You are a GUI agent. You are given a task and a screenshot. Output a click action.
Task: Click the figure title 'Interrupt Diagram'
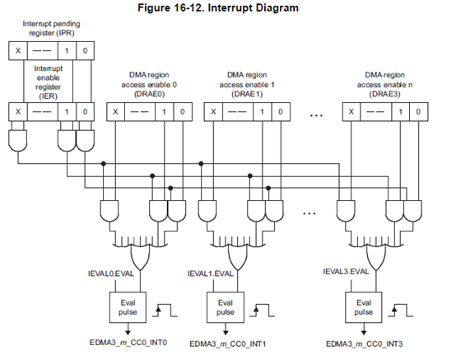pos(254,7)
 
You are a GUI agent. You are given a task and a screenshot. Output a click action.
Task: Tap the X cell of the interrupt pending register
pos(18,50)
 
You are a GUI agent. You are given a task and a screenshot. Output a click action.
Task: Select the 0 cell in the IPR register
pos(85,50)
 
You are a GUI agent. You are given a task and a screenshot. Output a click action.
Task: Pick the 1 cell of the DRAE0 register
pos(164,111)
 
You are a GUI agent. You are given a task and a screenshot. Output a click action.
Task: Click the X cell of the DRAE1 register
pos(213,111)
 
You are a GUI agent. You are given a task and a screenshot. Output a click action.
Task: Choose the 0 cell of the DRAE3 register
pos(418,111)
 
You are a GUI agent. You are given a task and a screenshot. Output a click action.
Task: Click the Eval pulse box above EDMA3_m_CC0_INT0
pos(128,307)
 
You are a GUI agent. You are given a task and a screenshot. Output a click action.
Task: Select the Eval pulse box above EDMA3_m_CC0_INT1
pos(226,307)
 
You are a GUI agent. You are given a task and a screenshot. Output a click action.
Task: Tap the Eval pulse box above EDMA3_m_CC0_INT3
pos(364,307)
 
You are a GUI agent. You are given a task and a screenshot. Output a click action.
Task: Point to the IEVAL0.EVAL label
pos(111,274)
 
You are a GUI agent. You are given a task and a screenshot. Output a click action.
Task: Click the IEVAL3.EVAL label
pos(346,272)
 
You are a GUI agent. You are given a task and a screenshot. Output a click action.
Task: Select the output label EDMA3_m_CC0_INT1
pos(228,344)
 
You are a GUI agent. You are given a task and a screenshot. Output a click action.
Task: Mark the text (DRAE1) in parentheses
pos(247,94)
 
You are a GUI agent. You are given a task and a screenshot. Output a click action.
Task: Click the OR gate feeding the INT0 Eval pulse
pos(141,255)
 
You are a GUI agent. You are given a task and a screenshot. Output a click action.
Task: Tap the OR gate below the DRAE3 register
pos(376,255)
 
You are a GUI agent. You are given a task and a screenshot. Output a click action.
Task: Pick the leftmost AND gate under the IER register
pos(18,141)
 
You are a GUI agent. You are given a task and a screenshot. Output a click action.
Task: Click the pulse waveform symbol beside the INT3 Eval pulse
pos(401,311)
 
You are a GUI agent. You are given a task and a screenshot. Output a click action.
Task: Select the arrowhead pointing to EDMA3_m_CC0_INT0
pos(128,332)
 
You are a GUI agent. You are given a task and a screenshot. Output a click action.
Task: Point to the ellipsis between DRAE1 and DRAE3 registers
pos(316,115)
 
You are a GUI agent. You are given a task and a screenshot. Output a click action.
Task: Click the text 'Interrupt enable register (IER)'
pos(49,82)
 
